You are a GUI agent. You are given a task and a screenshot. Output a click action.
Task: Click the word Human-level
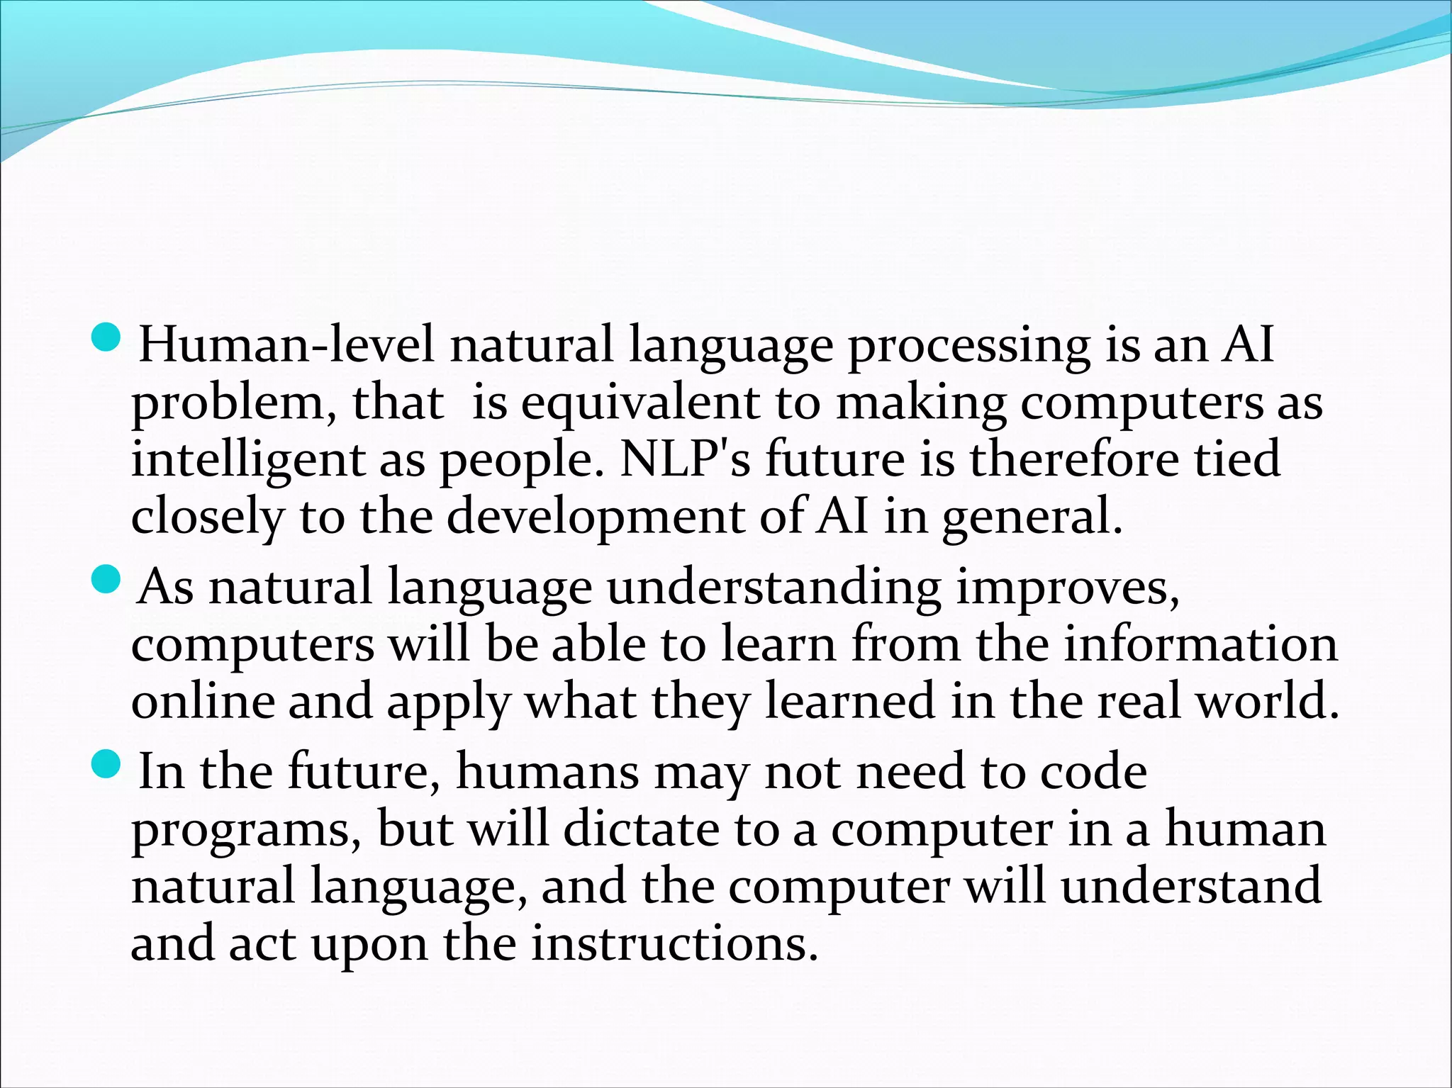(286, 345)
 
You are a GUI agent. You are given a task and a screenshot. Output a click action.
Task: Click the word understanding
(774, 588)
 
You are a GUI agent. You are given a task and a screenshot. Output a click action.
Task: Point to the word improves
(1068, 589)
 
